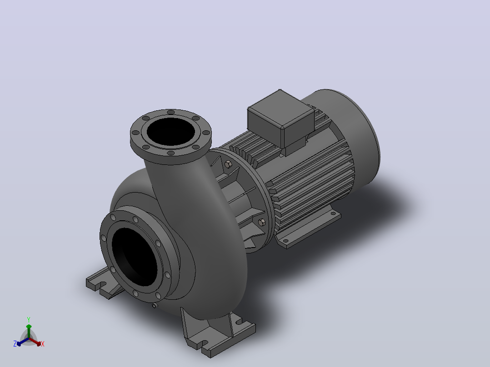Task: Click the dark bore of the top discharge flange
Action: point(170,132)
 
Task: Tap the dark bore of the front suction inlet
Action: point(135,256)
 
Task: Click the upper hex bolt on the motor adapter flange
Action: point(228,164)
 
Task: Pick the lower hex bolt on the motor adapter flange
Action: point(262,222)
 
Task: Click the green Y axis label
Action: point(29,320)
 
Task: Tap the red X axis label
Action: point(43,344)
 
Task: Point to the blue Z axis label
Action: point(15,344)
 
